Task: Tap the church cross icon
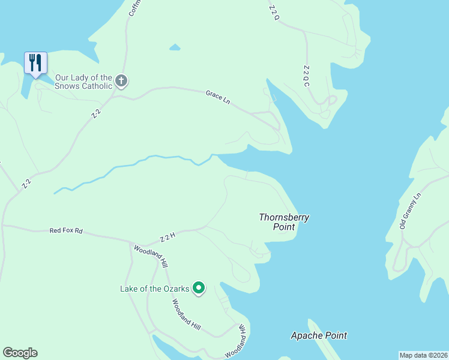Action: pos(121,81)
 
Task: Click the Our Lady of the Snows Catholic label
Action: pos(83,82)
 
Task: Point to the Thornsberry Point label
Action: pos(284,222)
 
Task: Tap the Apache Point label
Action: pos(318,335)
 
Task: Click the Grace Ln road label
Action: pos(218,97)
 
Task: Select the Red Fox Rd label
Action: pos(65,230)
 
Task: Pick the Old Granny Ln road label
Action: pos(411,211)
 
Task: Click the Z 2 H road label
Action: pos(167,238)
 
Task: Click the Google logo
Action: pos(20,353)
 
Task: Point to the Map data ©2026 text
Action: pos(423,355)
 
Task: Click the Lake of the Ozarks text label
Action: pos(155,289)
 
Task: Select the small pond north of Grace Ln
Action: pos(175,47)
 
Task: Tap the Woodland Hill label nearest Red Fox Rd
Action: pos(151,256)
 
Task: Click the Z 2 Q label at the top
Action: pos(274,13)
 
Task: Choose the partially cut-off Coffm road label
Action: pos(133,8)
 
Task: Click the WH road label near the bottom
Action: pos(243,329)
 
